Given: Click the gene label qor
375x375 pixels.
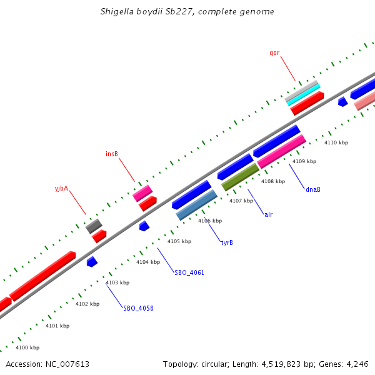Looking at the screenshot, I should click(x=274, y=52).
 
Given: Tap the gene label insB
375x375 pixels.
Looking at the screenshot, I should click(x=112, y=153).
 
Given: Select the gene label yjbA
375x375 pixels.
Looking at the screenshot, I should click(x=61, y=187).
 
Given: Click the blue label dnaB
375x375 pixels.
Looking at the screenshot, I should click(x=313, y=189).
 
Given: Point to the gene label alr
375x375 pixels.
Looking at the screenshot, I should click(x=268, y=214).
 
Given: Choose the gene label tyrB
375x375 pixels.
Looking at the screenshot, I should click(x=227, y=242).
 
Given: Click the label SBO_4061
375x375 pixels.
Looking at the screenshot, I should click(x=189, y=272).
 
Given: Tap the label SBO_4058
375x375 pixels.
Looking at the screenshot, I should click(x=138, y=308).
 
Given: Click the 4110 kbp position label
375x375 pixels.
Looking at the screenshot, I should click(x=336, y=142).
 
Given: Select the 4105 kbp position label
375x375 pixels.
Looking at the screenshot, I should click(x=179, y=241).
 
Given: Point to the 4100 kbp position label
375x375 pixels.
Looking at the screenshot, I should click(x=27, y=347).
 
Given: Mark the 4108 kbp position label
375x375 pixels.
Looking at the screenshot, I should click(x=273, y=181).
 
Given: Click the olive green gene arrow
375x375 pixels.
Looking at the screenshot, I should click(x=241, y=177).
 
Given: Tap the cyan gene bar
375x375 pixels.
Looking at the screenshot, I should click(x=304, y=94).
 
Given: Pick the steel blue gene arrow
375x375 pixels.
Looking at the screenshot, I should click(x=197, y=205).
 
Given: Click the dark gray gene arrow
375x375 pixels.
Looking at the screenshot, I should click(x=94, y=226).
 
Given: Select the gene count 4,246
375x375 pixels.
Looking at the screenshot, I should click(x=357, y=364).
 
